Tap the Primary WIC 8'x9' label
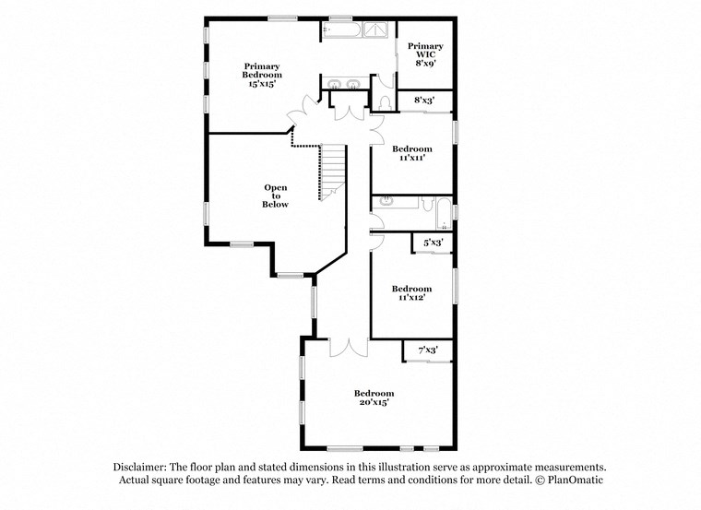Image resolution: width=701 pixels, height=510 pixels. point(425,55)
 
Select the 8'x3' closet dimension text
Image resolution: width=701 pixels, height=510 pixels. point(424,100)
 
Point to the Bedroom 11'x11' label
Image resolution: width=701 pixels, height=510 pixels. point(411,153)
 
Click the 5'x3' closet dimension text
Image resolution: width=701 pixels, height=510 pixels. point(433,243)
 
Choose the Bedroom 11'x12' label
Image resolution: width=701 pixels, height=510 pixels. point(411,293)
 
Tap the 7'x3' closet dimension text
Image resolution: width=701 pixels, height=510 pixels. point(427,350)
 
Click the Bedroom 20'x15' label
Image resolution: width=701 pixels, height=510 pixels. point(374,397)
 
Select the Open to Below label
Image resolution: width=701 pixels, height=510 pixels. point(275,196)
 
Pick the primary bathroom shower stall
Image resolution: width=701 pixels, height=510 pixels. point(376,30)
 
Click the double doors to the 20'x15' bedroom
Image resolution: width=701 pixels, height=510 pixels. point(349,348)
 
